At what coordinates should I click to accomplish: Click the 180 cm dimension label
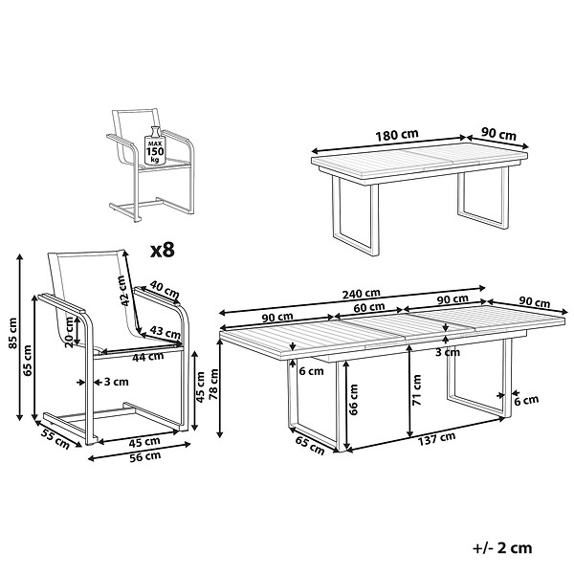click(x=397, y=135)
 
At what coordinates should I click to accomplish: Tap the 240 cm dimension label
click(x=362, y=294)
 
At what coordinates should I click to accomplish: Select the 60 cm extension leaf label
click(x=370, y=307)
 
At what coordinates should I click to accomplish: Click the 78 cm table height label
click(x=212, y=384)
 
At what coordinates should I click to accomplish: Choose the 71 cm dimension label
click(x=416, y=389)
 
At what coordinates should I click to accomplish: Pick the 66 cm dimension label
click(x=353, y=399)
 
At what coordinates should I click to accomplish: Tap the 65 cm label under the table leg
click(x=310, y=446)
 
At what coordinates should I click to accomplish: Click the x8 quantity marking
click(x=163, y=250)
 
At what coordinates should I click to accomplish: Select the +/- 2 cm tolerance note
click(x=502, y=548)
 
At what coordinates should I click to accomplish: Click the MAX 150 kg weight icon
click(x=155, y=145)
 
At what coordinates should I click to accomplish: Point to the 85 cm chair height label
click(x=12, y=333)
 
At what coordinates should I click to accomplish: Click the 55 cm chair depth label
click(x=55, y=438)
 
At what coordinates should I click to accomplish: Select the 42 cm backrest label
click(x=123, y=291)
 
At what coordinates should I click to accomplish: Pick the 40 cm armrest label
click(x=165, y=289)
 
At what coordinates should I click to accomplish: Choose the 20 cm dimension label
click(x=69, y=332)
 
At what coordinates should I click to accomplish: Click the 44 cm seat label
click(x=148, y=357)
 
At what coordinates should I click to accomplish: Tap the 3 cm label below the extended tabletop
click(x=448, y=352)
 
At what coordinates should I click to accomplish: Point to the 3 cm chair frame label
click(x=117, y=382)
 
